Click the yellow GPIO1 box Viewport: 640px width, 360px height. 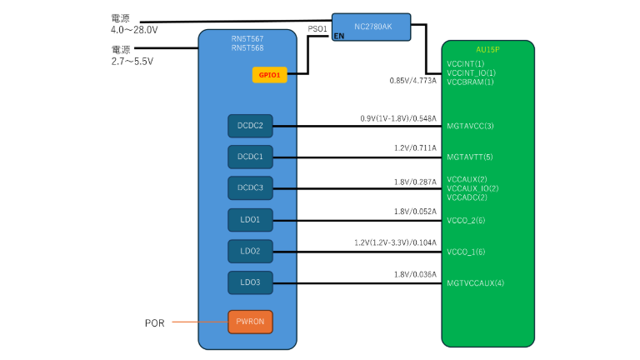pos(270,75)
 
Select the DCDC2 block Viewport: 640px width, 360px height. pos(250,126)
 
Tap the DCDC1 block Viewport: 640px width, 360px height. pos(250,157)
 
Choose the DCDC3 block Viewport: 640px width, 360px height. pos(250,188)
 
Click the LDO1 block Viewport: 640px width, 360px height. pos(250,220)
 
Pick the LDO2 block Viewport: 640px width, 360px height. pos(250,251)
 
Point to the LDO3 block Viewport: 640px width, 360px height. pos(250,283)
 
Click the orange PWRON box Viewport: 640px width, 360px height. pos(250,321)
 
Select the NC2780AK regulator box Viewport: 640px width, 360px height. pos(372,27)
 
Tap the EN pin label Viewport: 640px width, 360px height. pos(338,37)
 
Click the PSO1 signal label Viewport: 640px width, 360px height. pos(317,28)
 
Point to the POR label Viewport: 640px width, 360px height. pos(153,322)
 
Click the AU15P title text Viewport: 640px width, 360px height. pos(487,49)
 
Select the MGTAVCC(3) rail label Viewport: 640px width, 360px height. pos(471,126)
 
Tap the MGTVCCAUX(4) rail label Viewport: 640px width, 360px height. pos(475,283)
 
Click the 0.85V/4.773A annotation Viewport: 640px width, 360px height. pos(412,81)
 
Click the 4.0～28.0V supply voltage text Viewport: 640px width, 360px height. pos(134,29)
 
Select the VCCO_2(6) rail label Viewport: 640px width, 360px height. pos(467,220)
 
